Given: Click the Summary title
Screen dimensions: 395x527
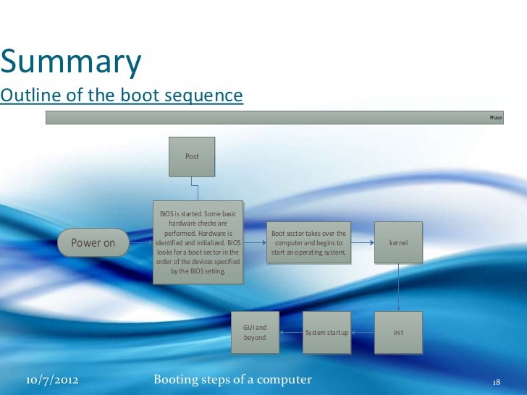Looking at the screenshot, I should pyautogui.click(x=71, y=64).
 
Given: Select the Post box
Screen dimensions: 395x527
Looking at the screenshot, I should pyautogui.click(x=192, y=156).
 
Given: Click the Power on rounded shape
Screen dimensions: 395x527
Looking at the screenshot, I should pyautogui.click(x=93, y=243).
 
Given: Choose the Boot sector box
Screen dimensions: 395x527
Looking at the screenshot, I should pyautogui.click(x=309, y=243).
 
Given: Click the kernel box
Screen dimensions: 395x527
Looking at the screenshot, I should pyautogui.click(x=398, y=243).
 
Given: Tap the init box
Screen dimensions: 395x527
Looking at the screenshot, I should pyautogui.click(x=398, y=333).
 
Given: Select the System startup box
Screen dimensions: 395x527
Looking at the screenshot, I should pyautogui.click(x=326, y=333).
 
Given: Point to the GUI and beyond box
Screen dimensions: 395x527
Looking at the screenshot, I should pyautogui.click(x=255, y=333).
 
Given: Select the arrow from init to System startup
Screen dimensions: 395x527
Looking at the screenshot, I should pyautogui.click(x=362, y=333).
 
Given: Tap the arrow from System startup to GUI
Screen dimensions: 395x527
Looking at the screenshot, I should pyautogui.click(x=290, y=333).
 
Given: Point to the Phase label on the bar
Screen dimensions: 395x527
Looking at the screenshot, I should pyautogui.click(x=495, y=117).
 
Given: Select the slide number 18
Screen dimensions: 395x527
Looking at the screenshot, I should pyautogui.click(x=496, y=381).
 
